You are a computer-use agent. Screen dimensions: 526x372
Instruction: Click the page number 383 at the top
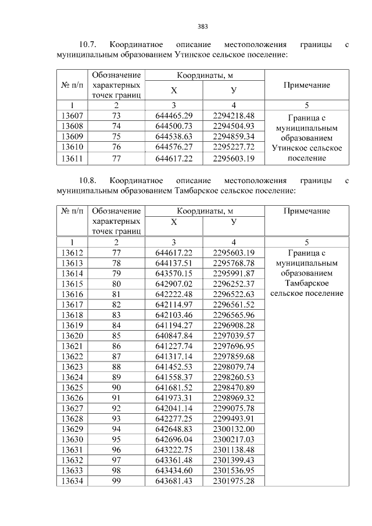tap(203, 26)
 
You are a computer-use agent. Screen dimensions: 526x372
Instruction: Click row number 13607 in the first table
tap(72, 116)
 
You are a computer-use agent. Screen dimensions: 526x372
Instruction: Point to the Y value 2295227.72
tap(234, 148)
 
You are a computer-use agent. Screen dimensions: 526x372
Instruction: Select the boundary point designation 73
tap(116, 116)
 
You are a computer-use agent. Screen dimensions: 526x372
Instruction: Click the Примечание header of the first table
tap(306, 85)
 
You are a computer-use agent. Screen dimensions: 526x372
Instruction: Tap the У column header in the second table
tap(234, 222)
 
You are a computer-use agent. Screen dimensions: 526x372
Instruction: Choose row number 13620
tap(72, 336)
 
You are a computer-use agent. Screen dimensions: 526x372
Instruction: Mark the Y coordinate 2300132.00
tap(234, 429)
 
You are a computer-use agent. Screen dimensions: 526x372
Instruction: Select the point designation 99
tap(116, 481)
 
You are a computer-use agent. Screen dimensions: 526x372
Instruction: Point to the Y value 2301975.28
tap(234, 481)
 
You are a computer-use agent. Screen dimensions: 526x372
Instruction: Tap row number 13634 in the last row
tap(72, 481)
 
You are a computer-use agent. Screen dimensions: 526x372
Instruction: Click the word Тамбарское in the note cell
tap(306, 283)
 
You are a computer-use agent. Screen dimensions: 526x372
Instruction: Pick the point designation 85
tap(116, 336)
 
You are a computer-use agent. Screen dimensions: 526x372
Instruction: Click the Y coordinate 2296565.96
tap(234, 315)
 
